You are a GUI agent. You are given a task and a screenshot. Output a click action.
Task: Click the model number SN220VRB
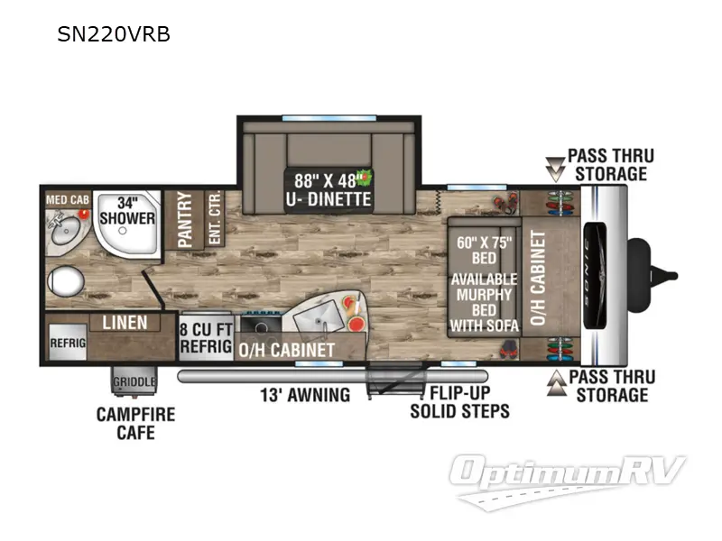pos(114,34)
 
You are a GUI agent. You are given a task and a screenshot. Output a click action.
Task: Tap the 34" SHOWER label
pos(127,211)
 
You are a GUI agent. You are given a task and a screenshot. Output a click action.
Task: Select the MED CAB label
pos(67,200)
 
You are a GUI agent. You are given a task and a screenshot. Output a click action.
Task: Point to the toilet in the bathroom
pos(65,280)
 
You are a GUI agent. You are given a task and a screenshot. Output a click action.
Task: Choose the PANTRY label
pos(185,219)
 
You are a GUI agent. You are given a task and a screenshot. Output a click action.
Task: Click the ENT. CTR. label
pos(215,217)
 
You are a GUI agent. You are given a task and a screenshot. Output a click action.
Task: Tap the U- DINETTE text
pos(329,199)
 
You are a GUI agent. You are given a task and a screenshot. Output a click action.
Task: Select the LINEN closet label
pos(125,323)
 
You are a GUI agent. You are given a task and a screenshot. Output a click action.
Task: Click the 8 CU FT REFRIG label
pos(206,337)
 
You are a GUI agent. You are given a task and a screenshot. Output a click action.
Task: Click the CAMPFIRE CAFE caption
pos(136,423)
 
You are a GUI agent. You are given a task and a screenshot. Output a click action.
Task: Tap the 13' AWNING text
pos(305,395)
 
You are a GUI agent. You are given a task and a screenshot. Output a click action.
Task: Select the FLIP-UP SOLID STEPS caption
pos(460,402)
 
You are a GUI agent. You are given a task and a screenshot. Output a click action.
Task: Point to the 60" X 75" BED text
pos(485,251)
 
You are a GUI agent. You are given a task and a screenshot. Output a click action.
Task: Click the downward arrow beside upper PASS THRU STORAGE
pos(555,170)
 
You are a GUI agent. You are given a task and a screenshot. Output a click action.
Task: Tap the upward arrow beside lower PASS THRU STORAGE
pos(557,382)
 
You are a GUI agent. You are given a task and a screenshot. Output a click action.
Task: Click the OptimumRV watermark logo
pos(567,481)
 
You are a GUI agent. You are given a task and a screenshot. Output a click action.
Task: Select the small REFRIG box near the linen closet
pos(68,342)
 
